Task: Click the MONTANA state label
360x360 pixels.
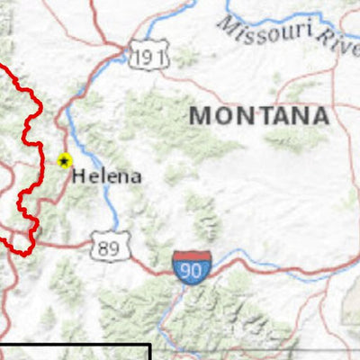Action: tap(258, 116)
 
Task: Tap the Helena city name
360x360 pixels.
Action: tap(107, 176)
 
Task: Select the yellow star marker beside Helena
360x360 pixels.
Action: tap(64, 161)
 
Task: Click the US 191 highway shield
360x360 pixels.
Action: tap(147, 58)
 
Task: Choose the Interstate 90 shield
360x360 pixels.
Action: tap(193, 268)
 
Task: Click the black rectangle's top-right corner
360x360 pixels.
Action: tap(149, 344)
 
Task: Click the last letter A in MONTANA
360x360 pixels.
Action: tap(319, 116)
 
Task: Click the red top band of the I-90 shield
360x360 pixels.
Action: tap(193, 257)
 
